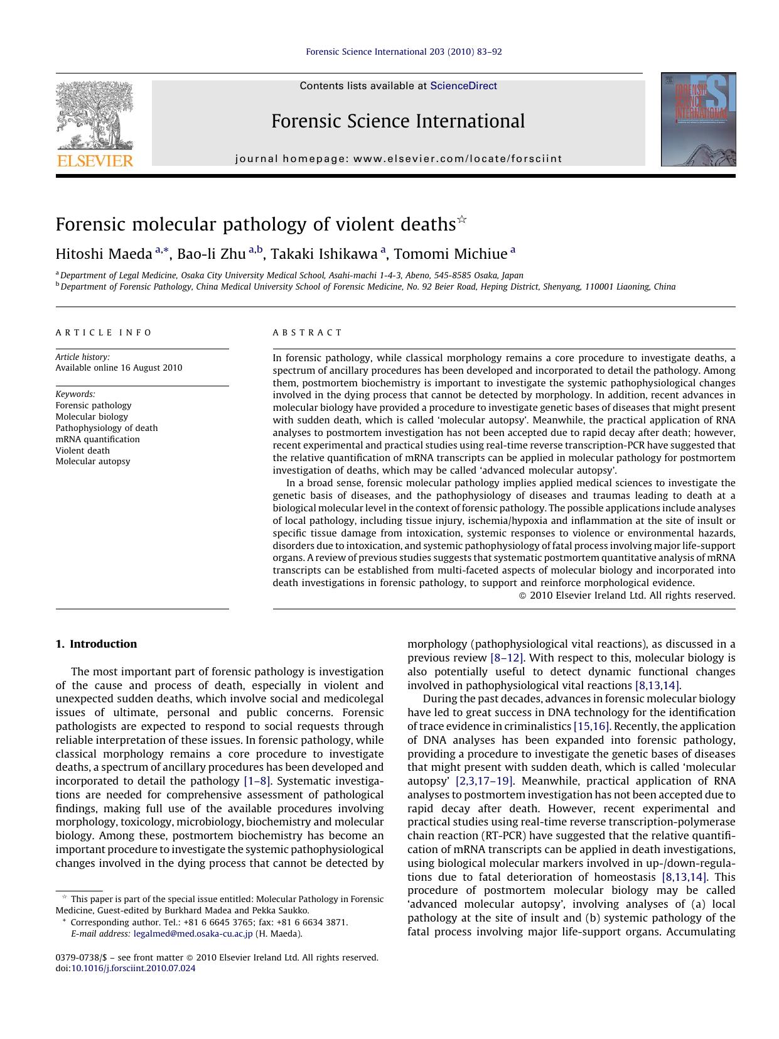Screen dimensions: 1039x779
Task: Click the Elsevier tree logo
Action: point(95,115)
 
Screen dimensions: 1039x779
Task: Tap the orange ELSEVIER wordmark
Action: point(95,161)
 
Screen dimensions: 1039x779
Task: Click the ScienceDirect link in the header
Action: point(463,86)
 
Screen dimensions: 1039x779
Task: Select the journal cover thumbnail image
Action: point(698,119)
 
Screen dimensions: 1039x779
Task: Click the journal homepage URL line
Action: point(399,159)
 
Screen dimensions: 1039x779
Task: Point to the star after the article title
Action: point(462,219)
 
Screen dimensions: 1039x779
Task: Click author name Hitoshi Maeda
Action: point(104,254)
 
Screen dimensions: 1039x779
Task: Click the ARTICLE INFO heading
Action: point(104,332)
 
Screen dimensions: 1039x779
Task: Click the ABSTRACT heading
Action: point(308,332)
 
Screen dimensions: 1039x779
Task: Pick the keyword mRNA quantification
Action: point(97,439)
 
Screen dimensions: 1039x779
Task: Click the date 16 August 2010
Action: point(151,367)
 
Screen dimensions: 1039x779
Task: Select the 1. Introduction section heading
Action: point(96,644)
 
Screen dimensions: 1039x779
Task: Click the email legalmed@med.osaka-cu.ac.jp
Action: point(193,933)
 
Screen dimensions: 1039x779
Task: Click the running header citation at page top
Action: point(404,52)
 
